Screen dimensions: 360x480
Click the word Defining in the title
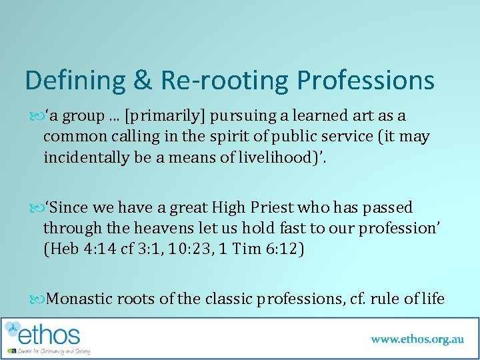click(x=73, y=81)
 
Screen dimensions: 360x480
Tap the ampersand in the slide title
click(x=141, y=81)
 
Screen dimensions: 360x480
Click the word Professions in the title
click(x=365, y=81)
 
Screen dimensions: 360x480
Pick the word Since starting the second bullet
click(x=70, y=207)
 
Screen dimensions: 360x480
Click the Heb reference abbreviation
click(x=61, y=250)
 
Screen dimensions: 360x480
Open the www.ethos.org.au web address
click(x=417, y=339)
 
